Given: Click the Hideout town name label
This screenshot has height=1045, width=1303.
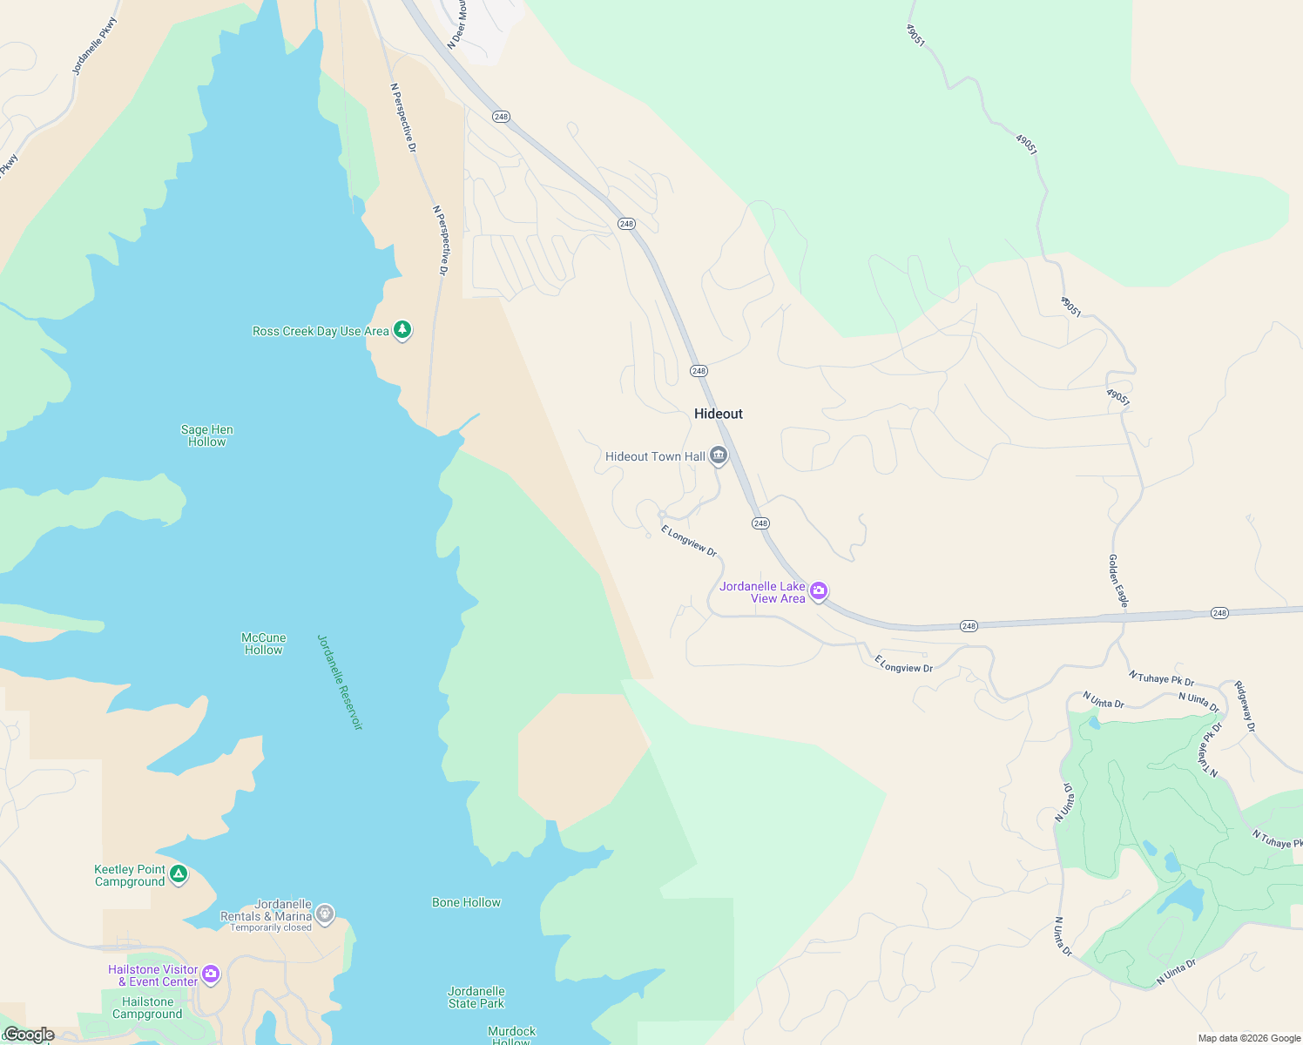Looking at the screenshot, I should pyautogui.click(x=719, y=414).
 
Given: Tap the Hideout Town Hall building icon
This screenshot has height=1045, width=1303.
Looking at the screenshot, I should pyautogui.click(x=719, y=455).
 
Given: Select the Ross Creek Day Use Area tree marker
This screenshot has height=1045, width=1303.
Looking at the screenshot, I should pyautogui.click(x=402, y=330).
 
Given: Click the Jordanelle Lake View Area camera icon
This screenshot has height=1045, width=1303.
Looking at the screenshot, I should pyautogui.click(x=819, y=591).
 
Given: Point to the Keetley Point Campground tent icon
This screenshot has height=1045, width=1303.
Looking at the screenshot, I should pyautogui.click(x=179, y=873).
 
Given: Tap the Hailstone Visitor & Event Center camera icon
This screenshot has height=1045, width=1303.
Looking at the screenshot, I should pyautogui.click(x=211, y=974).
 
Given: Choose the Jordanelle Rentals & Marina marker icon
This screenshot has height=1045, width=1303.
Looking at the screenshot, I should pyautogui.click(x=325, y=914).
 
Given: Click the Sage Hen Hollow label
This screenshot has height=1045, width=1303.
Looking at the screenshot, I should pyautogui.click(x=207, y=435).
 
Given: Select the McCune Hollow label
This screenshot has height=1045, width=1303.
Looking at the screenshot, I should pyautogui.click(x=263, y=644).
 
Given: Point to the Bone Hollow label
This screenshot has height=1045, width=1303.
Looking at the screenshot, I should pyautogui.click(x=466, y=902).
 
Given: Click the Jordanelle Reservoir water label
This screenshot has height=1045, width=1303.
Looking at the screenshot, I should pyautogui.click(x=339, y=682).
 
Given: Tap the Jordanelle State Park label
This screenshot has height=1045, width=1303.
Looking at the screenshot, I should pyautogui.click(x=476, y=997).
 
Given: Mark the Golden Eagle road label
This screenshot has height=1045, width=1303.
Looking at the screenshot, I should pyautogui.click(x=1118, y=581).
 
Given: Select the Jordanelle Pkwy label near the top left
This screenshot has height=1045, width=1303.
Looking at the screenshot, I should pyautogui.click(x=94, y=45).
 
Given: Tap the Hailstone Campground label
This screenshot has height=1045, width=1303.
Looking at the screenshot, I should pyautogui.click(x=147, y=1008).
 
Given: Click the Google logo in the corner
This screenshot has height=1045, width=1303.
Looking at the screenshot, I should pyautogui.click(x=29, y=1035).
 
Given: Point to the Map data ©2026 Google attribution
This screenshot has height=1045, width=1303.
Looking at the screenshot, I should pyautogui.click(x=1249, y=1038).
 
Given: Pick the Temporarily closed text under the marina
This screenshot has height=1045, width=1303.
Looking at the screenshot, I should pyautogui.click(x=271, y=927).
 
